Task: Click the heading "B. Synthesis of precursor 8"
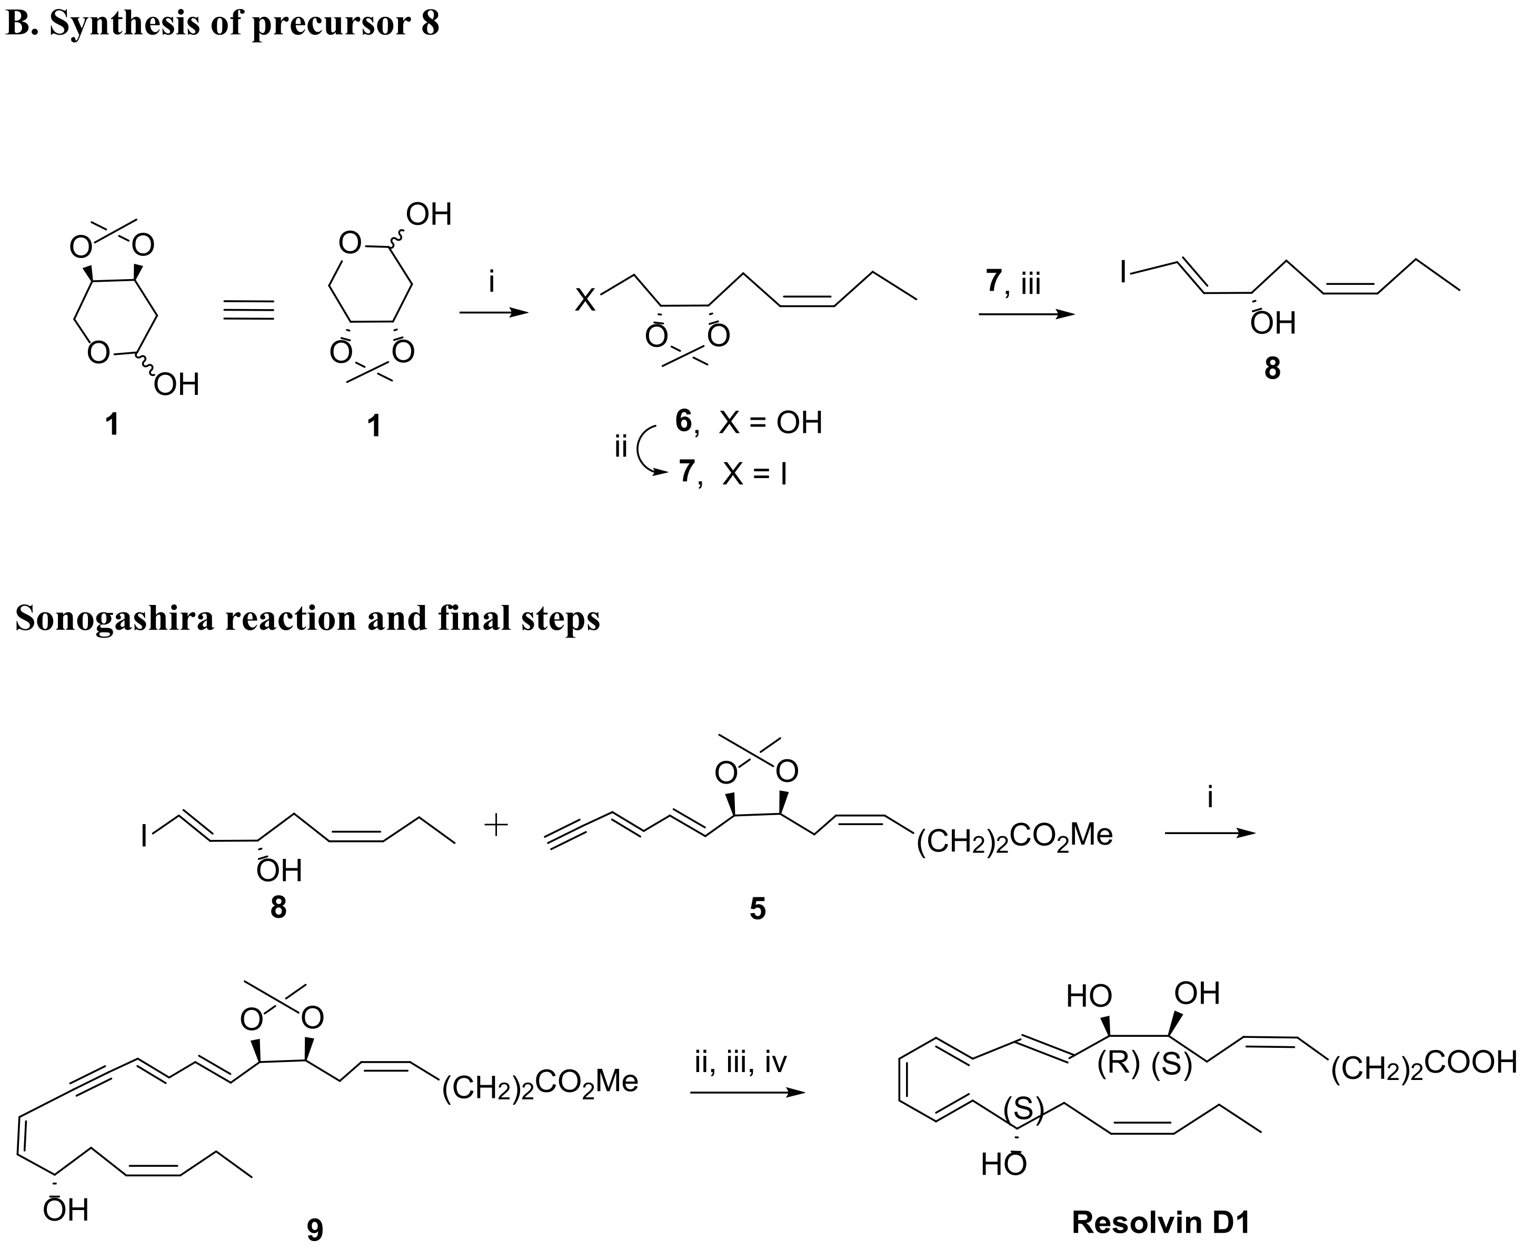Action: coord(222,23)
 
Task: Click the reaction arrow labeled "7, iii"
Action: coord(1026,314)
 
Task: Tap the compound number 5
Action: coord(758,909)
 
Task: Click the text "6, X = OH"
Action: coord(748,422)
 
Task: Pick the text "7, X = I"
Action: coord(732,473)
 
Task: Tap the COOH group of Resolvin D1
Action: coord(1470,1062)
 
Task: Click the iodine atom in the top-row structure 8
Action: coord(1124,272)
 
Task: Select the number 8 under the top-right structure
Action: coord(1272,369)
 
